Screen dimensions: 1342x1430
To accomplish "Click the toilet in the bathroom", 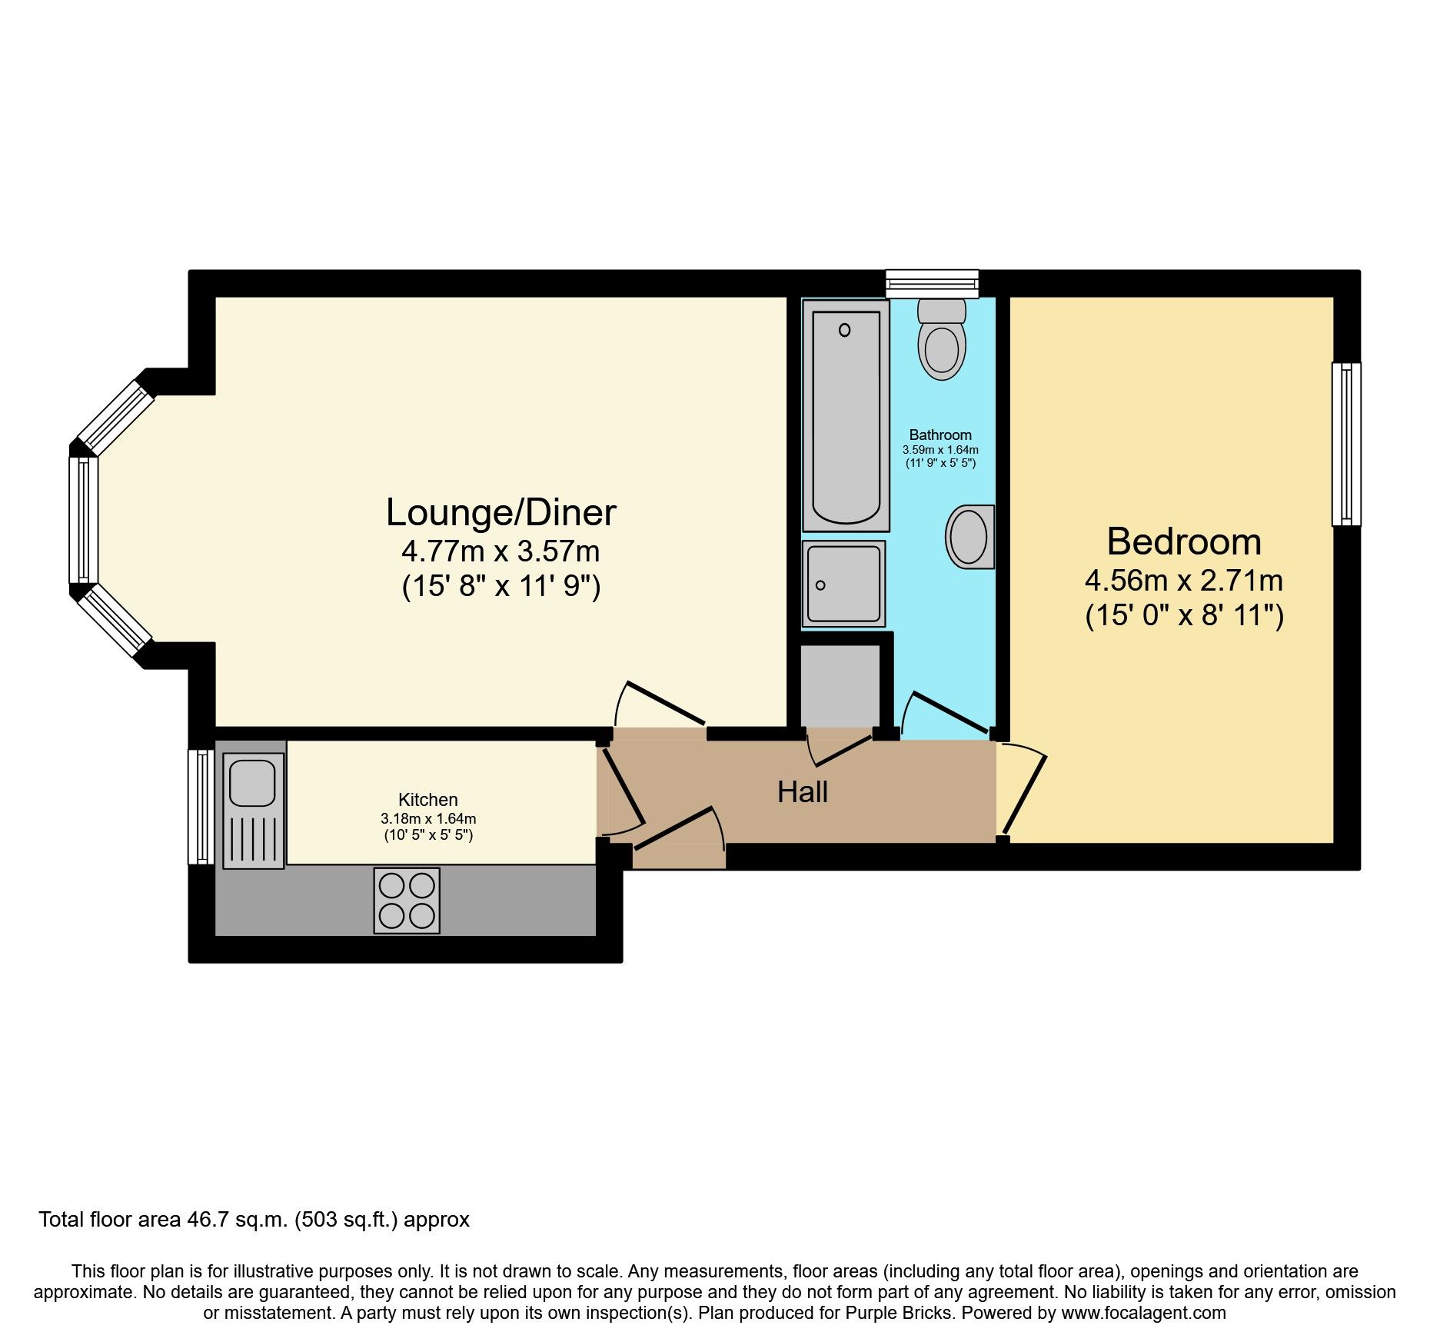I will pyautogui.click(x=942, y=342).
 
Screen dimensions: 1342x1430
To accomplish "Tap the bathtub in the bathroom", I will pyautogui.click(x=846, y=415).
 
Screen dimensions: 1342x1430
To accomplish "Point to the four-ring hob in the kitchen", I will pyautogui.click(x=407, y=901).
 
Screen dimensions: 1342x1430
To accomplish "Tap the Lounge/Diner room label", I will pyautogui.click(x=500, y=513).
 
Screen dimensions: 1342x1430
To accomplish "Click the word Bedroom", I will pyautogui.click(x=1184, y=542).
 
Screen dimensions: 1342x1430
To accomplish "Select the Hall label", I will pyautogui.click(x=802, y=792).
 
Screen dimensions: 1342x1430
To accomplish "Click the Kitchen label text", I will pyautogui.click(x=427, y=800).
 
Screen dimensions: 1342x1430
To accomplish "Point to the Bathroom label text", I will pyautogui.click(x=939, y=435).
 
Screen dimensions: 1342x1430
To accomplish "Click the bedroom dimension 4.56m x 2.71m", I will pyautogui.click(x=1184, y=580).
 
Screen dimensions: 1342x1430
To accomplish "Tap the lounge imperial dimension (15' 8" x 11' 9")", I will pyautogui.click(x=500, y=587).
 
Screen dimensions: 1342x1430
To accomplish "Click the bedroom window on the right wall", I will pyautogui.click(x=1345, y=444).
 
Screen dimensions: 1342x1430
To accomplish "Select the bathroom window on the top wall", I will pyautogui.click(x=932, y=283).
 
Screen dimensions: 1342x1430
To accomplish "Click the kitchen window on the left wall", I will pyautogui.click(x=201, y=807).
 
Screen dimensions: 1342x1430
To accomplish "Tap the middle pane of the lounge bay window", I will pyautogui.click(x=83, y=520).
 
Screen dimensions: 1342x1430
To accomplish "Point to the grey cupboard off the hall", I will pyautogui.click(x=840, y=684).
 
